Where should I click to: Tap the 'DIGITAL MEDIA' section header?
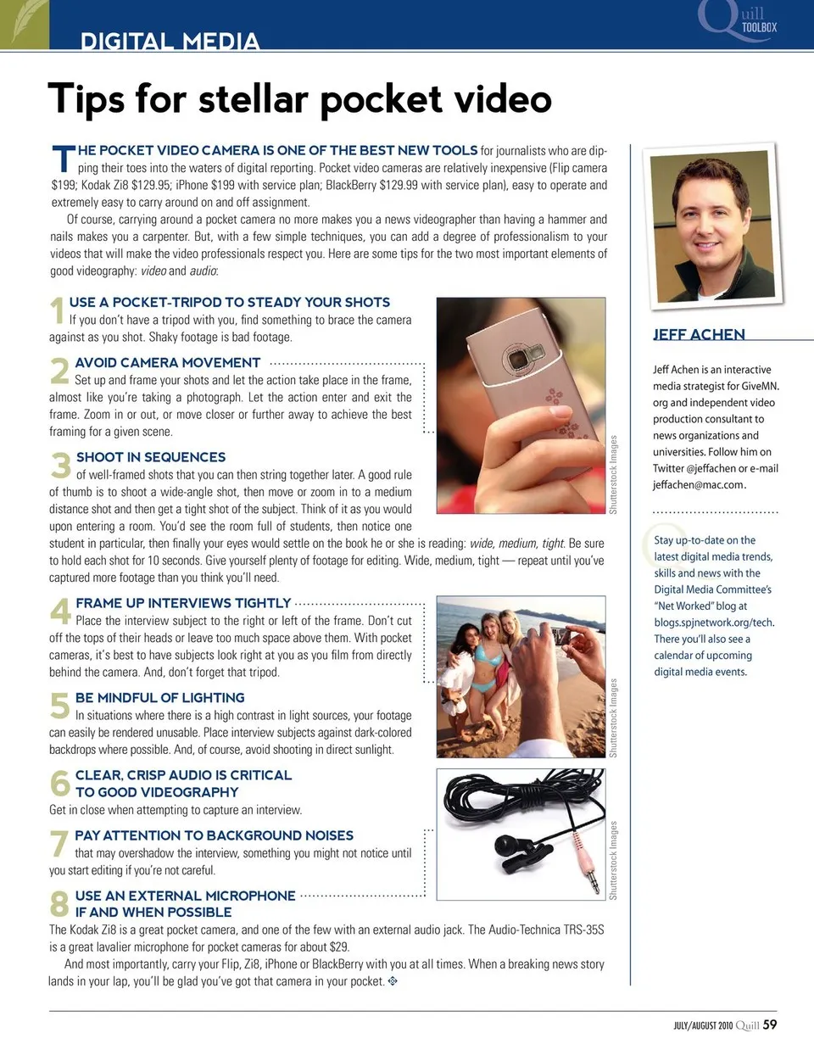pos(170,41)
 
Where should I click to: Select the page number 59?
pos(769,1025)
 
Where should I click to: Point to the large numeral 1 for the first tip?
pos(57,310)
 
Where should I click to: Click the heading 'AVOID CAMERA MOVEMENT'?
pos(167,363)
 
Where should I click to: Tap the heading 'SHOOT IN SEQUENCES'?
pos(150,457)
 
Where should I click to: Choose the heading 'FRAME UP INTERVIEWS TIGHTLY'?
pos(182,603)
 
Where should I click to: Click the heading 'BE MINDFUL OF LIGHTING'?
pos(159,698)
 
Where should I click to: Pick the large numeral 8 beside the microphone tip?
pos(59,904)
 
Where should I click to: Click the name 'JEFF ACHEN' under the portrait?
pos(699,334)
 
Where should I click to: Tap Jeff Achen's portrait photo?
pos(713,225)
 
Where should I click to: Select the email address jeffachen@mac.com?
pos(699,485)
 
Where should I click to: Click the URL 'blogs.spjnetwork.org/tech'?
pos(713,623)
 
